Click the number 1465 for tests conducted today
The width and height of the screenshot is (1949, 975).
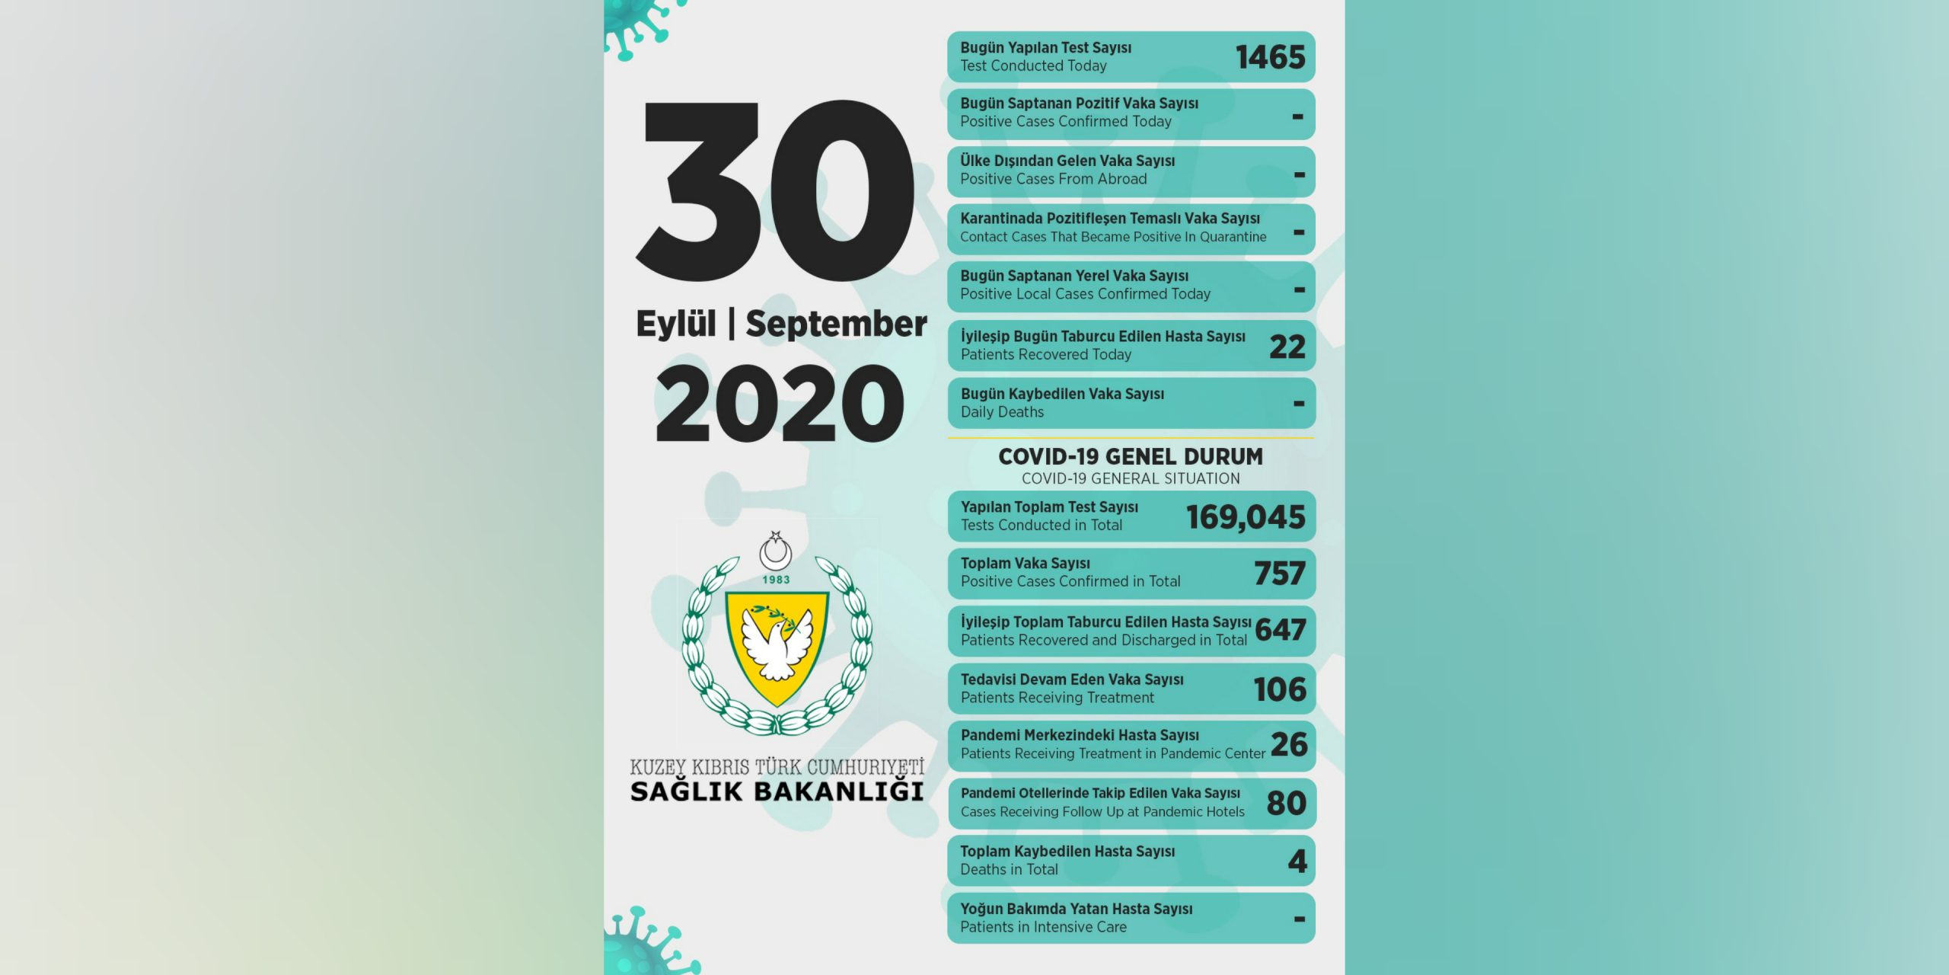tap(1270, 57)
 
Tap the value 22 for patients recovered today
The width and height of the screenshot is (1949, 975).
tap(1287, 347)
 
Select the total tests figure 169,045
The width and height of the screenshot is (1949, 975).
tap(1246, 517)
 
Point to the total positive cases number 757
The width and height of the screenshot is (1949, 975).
tap(1280, 574)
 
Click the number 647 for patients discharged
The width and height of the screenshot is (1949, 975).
tap(1281, 630)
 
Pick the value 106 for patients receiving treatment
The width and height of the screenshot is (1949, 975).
tap(1280, 689)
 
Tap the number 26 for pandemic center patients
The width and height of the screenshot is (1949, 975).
tap(1289, 745)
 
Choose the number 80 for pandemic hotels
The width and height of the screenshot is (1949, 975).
tap(1287, 803)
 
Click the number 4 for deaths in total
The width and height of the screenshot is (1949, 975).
tap(1297, 861)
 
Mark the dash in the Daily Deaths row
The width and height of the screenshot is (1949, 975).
tap(1299, 404)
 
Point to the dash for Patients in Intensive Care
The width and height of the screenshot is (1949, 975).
tap(1300, 919)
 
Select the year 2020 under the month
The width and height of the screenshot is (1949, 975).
tap(780, 403)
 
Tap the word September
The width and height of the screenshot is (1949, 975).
tap(836, 324)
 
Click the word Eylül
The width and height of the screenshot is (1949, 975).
tap(676, 324)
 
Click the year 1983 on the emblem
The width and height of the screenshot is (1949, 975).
tap(776, 580)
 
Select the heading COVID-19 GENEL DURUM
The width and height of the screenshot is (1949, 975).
tap(1131, 456)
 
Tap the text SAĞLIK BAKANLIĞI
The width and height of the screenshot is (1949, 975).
tap(777, 791)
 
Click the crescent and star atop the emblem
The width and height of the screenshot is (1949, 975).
tap(776, 550)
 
